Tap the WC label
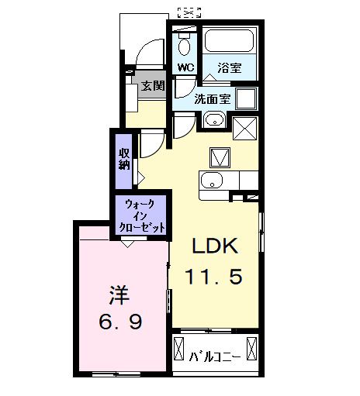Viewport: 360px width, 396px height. click(185, 67)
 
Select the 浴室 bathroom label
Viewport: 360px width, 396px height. click(229, 67)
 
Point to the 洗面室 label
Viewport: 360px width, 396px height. click(212, 98)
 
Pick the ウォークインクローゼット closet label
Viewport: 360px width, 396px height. click(140, 214)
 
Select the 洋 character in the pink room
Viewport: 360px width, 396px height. click(117, 297)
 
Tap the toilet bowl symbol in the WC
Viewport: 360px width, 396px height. click(185, 42)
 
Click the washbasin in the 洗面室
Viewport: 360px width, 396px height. click(213, 120)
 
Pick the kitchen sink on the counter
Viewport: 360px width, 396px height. click(212, 181)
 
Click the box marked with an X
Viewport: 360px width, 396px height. click(245, 125)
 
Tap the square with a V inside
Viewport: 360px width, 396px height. click(218, 157)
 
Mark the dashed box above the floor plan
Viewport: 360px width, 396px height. click(189, 12)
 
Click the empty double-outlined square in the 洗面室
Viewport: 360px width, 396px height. click(247, 98)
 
